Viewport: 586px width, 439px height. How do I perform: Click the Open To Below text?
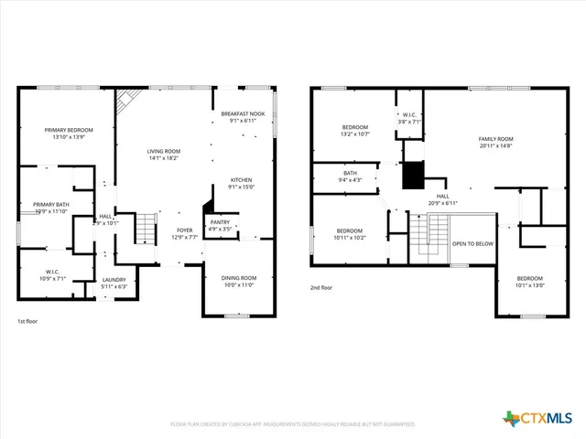[x=473, y=244]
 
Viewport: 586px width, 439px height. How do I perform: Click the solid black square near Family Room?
[x=414, y=174]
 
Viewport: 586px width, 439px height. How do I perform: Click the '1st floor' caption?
[x=27, y=322]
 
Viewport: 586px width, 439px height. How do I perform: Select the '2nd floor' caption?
[x=321, y=288]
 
